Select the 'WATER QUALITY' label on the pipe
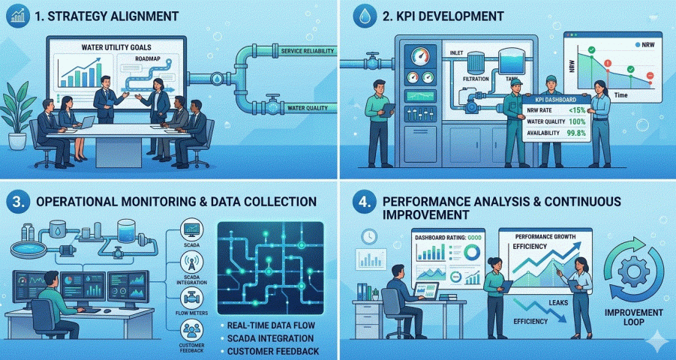308,109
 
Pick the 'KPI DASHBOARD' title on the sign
554,100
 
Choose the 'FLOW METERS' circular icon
191,297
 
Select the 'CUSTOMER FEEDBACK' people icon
191,331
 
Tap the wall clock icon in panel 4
368,235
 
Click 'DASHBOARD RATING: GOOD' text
449,238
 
